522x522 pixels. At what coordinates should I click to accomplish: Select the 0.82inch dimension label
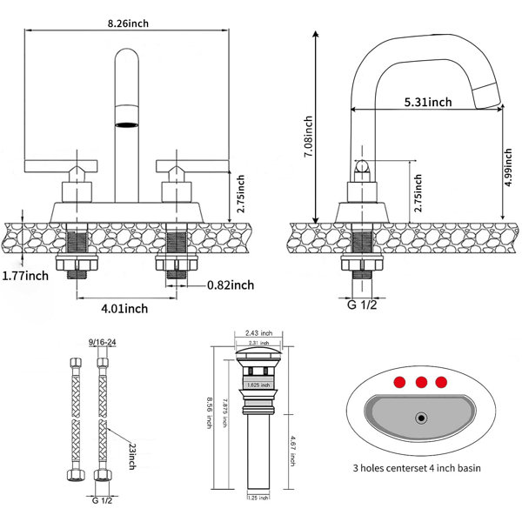click(x=231, y=284)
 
